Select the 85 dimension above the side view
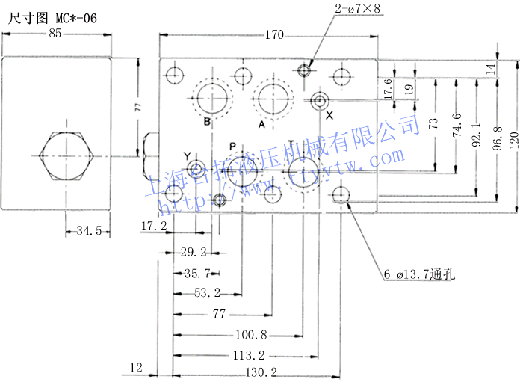[x=55, y=34]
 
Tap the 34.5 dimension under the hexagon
[x=88, y=231]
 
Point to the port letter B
[x=207, y=123]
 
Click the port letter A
[x=261, y=124]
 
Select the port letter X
[x=329, y=115]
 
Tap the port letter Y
[x=187, y=155]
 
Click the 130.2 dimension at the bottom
[x=261, y=372]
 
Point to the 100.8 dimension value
[x=251, y=334]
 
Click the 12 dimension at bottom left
[x=135, y=367]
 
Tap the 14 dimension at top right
[x=490, y=69]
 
